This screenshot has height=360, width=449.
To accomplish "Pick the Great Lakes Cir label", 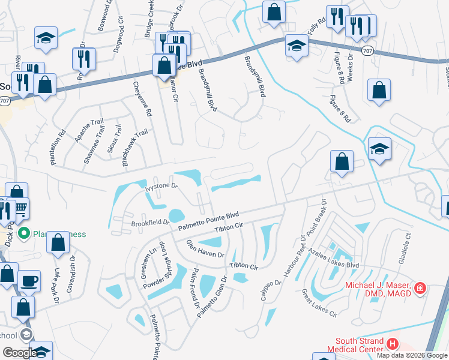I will tap(319, 303).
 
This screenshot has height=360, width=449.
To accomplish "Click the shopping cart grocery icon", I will tap(20, 208).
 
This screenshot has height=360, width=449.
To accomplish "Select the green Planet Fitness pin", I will tap(24, 233).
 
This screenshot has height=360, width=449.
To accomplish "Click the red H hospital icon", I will tap(393, 344).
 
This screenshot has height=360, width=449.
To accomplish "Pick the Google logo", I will tap(19, 352).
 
